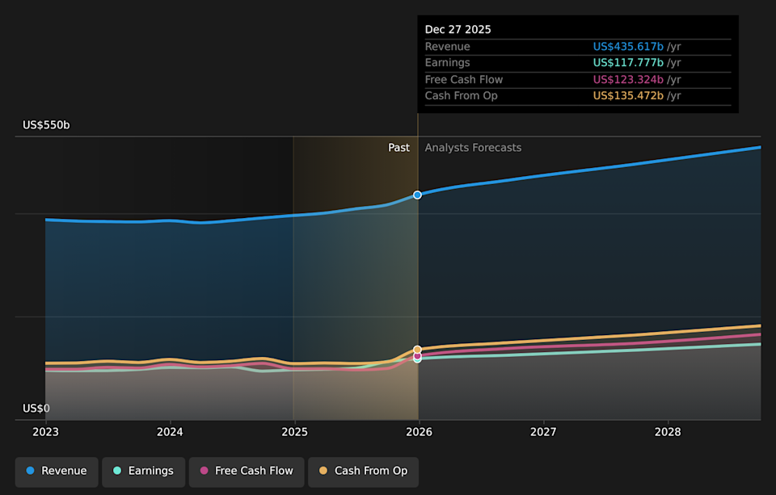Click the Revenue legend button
pyautogui.click(x=57, y=471)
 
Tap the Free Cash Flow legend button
pyautogui.click(x=247, y=471)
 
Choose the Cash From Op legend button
pyautogui.click(x=363, y=471)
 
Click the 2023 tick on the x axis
pyautogui.click(x=46, y=432)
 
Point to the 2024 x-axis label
pyautogui.click(x=170, y=432)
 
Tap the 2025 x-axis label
pyautogui.click(x=294, y=432)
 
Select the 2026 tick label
pyautogui.click(x=419, y=432)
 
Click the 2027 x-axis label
pyautogui.click(x=543, y=432)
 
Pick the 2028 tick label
pyautogui.click(x=668, y=432)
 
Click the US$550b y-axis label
pyautogui.click(x=46, y=125)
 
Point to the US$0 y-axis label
pyautogui.click(x=36, y=409)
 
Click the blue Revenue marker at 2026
pyautogui.click(x=418, y=195)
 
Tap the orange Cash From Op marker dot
pyautogui.click(x=418, y=350)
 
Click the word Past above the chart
pyautogui.click(x=399, y=148)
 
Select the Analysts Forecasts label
pyautogui.click(x=473, y=148)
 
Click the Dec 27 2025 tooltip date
pyautogui.click(x=458, y=30)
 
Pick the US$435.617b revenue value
pyautogui.click(x=628, y=47)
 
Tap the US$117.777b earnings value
pyautogui.click(x=628, y=63)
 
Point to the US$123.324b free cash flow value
pyautogui.click(x=628, y=80)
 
